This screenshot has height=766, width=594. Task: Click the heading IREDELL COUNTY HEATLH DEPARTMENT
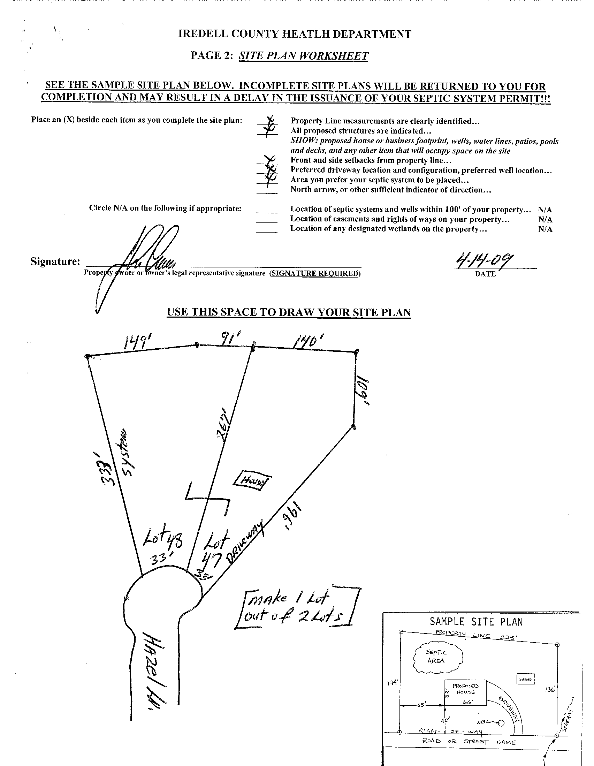[295, 34]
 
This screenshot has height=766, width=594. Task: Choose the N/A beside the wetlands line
[545, 229]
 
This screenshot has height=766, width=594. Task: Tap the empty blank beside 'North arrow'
[267, 190]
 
